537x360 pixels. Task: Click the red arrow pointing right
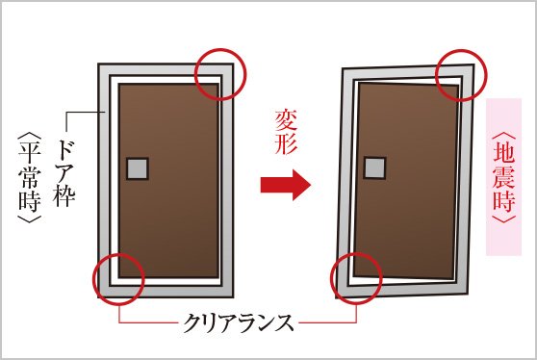[285, 185]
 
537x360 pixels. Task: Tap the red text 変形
[286, 132]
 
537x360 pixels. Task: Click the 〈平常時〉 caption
[30, 177]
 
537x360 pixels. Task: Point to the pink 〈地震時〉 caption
[503, 177]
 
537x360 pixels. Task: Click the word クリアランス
[239, 322]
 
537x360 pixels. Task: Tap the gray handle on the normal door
[138, 168]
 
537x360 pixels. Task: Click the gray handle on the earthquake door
[375, 167]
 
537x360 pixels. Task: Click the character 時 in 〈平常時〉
[30, 202]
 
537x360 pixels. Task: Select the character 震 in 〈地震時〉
[503, 177]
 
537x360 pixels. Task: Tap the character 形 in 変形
[286, 144]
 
